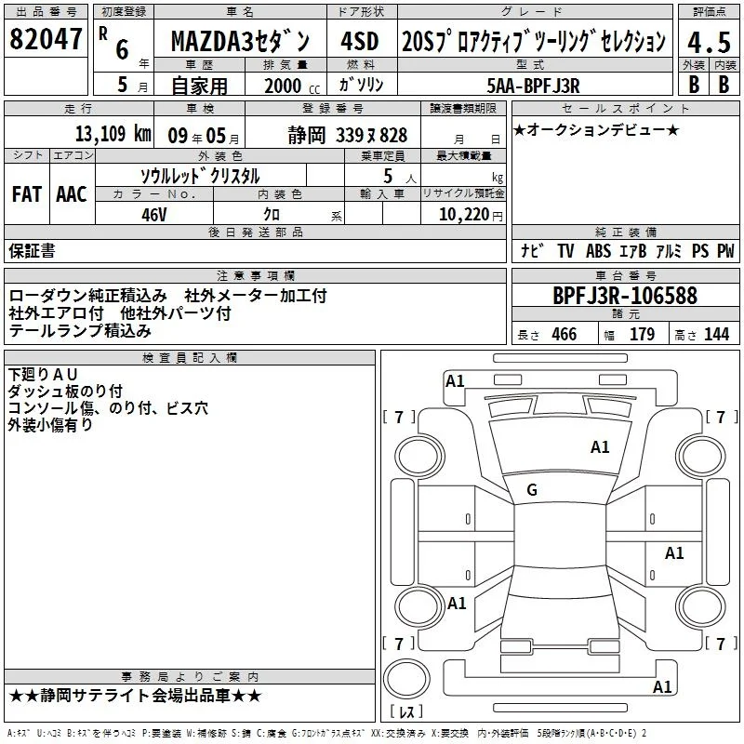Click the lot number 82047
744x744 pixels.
click(46, 38)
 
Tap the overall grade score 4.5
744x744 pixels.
click(709, 42)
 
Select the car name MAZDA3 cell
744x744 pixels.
click(240, 41)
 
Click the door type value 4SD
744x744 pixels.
click(360, 41)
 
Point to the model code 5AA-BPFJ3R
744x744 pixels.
click(533, 86)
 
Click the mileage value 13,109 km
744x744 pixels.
click(113, 134)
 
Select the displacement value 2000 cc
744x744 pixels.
click(292, 86)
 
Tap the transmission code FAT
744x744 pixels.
click(27, 194)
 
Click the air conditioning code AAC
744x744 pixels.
click(72, 194)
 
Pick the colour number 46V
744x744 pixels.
click(154, 215)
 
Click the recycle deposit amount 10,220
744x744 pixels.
click(464, 215)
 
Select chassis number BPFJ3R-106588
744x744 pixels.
click(625, 295)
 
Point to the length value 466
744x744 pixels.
click(565, 334)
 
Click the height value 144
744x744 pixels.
click(716, 334)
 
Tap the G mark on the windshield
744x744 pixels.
click(532, 490)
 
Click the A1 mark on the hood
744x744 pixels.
click(600, 447)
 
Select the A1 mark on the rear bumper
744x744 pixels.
click(662, 686)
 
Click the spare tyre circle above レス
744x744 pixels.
click(406, 679)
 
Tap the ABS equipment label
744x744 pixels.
click(598, 250)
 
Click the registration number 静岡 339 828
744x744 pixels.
click(348, 135)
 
